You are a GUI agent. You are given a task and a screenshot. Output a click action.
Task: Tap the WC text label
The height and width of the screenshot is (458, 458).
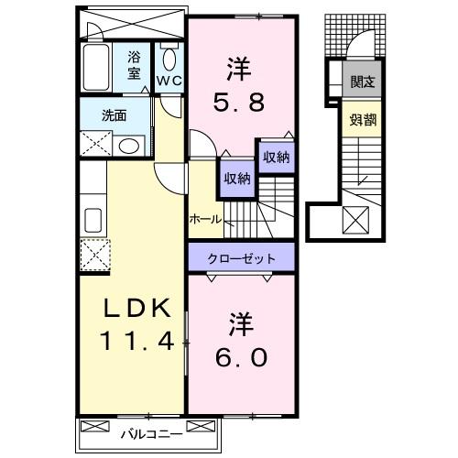(x=169, y=81)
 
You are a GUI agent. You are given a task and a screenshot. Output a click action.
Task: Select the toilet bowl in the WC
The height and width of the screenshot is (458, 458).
(x=169, y=58)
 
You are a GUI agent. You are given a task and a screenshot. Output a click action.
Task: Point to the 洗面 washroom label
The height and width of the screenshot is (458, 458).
(x=114, y=116)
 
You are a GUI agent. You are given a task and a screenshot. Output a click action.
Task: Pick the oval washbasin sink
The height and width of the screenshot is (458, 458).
(x=129, y=145)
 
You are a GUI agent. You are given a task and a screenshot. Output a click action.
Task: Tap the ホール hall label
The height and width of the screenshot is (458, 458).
(x=204, y=220)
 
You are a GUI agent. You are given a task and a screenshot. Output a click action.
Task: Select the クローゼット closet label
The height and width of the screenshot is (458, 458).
(x=242, y=258)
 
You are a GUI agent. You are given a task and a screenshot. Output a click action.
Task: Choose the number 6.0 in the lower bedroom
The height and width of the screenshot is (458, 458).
(x=242, y=354)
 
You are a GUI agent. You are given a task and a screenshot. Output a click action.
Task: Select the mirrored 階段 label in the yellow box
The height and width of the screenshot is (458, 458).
(x=358, y=118)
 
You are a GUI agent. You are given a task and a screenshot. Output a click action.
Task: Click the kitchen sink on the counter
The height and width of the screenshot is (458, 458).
(x=92, y=220)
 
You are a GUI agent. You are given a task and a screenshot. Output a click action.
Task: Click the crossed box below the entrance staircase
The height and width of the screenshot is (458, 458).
(x=354, y=221)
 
